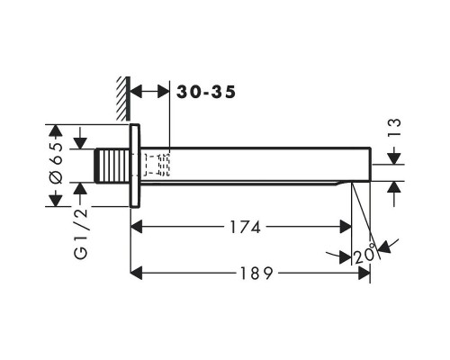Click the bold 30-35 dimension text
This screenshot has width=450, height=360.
pos(206,92)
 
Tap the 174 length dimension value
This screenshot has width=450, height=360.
pos(245,227)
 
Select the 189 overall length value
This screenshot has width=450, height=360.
pos(256,274)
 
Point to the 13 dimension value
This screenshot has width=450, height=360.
pos(394,128)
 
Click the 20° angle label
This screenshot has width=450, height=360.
pos(364,256)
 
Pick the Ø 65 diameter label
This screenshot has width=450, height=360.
pos(57,163)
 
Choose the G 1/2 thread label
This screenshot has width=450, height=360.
pos(81,233)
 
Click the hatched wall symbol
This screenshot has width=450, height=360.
pos(123,99)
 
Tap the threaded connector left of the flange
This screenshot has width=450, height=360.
pos(112,166)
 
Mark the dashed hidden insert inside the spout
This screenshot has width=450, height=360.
pos(157,165)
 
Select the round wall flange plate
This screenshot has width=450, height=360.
pos(135,166)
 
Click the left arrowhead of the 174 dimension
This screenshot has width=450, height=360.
pos(137,227)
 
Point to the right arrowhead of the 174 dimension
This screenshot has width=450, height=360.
pos(346,227)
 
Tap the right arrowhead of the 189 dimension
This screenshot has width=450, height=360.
pos(364,274)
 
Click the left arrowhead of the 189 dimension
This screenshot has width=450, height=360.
pos(137,274)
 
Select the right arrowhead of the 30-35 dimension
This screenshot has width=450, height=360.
pos(164,92)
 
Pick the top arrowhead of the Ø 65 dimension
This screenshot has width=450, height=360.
pos(56,130)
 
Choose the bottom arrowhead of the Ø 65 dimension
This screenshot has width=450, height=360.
pos(56,201)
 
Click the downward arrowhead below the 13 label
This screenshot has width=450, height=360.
pos(394,158)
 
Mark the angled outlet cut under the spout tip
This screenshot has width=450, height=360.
pos(344,183)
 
